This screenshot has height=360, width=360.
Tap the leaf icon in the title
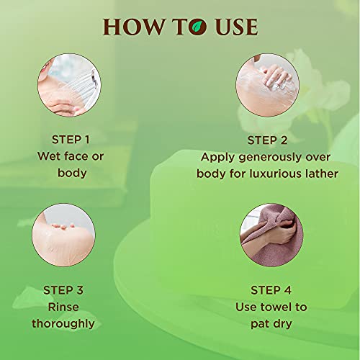tap(197, 27)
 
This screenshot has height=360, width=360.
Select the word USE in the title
tap(236, 27)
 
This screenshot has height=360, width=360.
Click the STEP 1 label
tap(71, 140)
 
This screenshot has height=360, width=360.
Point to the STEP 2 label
tap(267, 140)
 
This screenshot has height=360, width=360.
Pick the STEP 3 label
tap(63, 290)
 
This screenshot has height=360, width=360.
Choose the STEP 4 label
tap(271, 290)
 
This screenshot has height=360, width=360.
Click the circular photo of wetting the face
tap(69, 85)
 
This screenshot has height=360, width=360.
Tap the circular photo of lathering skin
tap(267, 85)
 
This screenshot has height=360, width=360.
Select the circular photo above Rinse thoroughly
tap(63, 235)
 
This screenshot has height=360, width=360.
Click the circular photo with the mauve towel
tap(271, 235)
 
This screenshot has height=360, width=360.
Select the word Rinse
tap(63, 307)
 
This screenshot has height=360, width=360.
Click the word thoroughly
tap(63, 324)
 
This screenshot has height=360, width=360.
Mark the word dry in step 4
tap(282, 324)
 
